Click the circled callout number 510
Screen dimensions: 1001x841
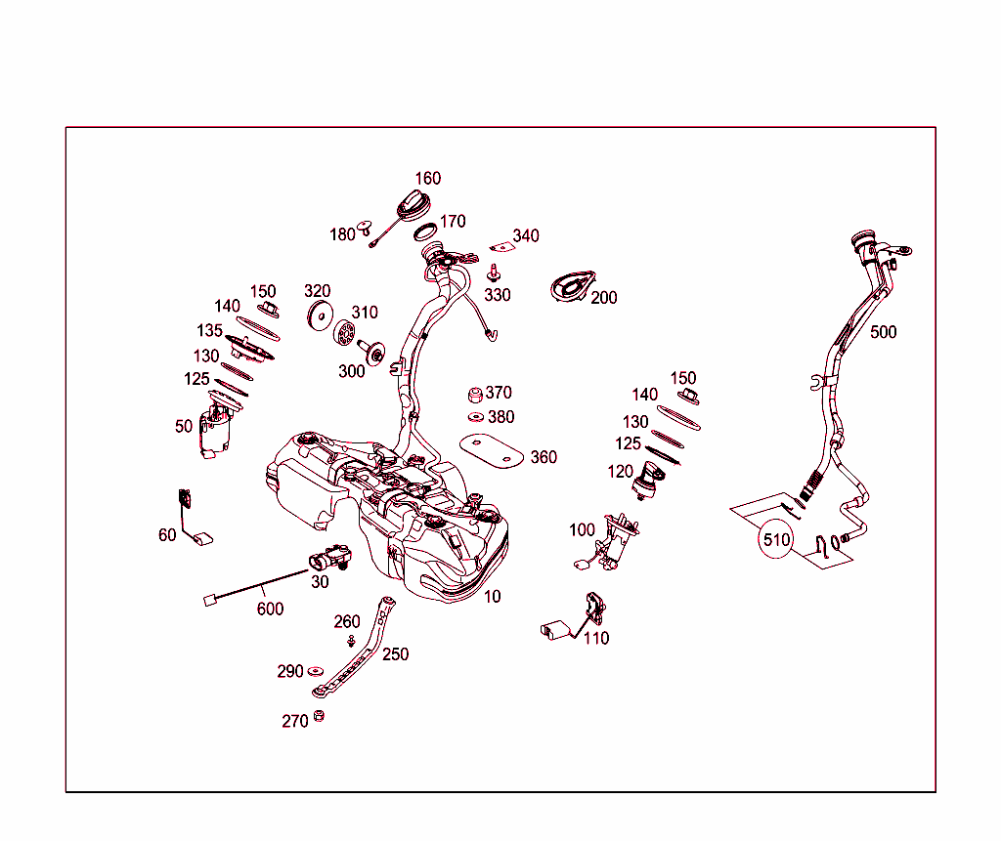pyautogui.click(x=776, y=540)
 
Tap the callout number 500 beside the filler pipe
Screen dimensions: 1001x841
pyautogui.click(x=883, y=332)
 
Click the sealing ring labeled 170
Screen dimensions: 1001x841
pyautogui.click(x=425, y=231)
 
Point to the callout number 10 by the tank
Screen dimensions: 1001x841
pyautogui.click(x=493, y=597)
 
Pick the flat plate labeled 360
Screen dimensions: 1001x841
pyautogui.click(x=492, y=451)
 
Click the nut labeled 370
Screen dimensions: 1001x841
pyautogui.click(x=475, y=395)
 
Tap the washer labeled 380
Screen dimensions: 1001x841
pyautogui.click(x=476, y=417)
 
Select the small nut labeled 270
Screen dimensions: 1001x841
pyautogui.click(x=319, y=716)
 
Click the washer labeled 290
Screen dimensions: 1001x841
pyautogui.click(x=316, y=671)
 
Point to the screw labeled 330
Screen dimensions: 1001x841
pyautogui.click(x=493, y=273)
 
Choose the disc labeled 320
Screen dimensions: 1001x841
pyautogui.click(x=320, y=315)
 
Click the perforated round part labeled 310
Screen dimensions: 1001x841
pyautogui.click(x=344, y=332)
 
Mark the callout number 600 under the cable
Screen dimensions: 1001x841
pyautogui.click(x=270, y=609)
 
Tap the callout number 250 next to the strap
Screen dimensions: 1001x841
pyautogui.click(x=395, y=654)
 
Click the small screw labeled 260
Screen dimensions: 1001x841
pyautogui.click(x=351, y=640)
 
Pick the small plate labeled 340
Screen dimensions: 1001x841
pyautogui.click(x=502, y=247)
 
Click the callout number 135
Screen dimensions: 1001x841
pyautogui.click(x=209, y=330)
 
